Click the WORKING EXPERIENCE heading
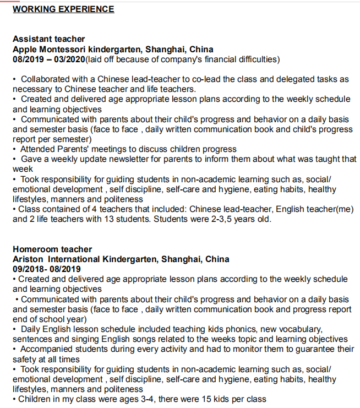click(63, 9)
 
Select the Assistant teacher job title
click(48, 39)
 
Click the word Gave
click(31, 159)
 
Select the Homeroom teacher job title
click(52, 249)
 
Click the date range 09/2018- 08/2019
click(46, 269)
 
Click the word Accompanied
click(46, 349)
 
